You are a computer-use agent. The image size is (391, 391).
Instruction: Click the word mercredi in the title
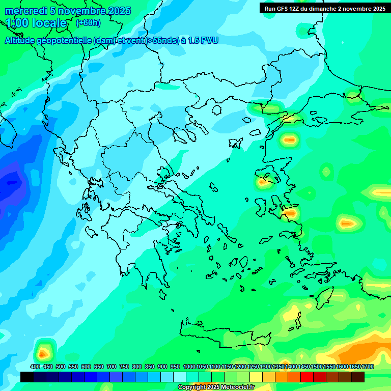[x=25, y=11]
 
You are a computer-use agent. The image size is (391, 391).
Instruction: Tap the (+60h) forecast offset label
[x=88, y=22]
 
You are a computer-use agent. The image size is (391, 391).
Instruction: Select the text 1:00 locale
[x=36, y=23]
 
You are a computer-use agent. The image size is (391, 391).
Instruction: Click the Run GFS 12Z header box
[x=325, y=8]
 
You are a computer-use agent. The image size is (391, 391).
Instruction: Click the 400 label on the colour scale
[x=35, y=367]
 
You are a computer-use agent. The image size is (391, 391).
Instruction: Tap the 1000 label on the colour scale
[x=189, y=367]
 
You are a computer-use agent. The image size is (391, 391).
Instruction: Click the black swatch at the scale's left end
[x=27, y=377]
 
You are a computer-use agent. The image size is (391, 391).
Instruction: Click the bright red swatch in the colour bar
[x=307, y=377]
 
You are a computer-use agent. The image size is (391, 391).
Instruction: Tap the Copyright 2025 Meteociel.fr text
[x=215, y=387]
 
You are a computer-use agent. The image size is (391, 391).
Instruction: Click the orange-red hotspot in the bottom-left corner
[x=43, y=351]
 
